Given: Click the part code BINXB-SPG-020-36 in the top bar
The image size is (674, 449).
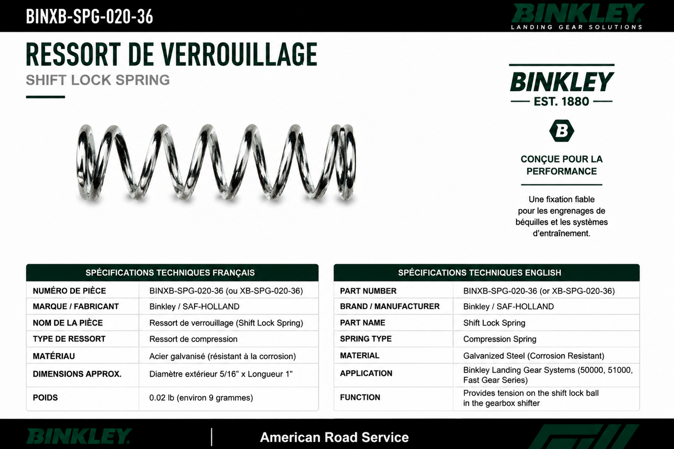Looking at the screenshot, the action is tap(89, 16).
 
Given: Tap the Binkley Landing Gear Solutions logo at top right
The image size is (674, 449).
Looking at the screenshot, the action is tap(577, 17).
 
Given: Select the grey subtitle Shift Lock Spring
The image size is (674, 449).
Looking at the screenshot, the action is tap(98, 80).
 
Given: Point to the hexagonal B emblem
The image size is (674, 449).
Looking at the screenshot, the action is tap(561, 131).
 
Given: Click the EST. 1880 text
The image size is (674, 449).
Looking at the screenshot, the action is tap(561, 101).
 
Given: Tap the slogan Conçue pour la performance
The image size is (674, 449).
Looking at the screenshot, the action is tap(561, 165).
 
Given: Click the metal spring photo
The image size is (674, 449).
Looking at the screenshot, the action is tap(216, 162).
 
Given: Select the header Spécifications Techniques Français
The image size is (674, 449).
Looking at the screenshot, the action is tap(170, 273).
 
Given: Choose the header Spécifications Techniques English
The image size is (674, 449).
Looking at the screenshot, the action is tap(480, 273).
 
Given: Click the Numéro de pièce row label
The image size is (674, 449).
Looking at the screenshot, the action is tap(69, 291).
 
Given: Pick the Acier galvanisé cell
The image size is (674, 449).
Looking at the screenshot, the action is tap(222, 356).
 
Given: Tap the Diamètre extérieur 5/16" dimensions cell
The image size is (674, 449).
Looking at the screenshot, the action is tap(221, 374).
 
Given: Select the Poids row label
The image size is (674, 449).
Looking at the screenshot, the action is tap(45, 398).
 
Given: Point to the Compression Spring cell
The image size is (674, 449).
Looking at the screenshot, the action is tap(499, 339).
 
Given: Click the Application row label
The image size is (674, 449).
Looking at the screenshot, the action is tap(366, 374).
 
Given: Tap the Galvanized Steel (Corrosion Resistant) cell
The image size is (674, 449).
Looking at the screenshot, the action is tap(534, 356).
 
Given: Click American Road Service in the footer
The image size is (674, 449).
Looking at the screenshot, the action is tap(334, 437).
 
